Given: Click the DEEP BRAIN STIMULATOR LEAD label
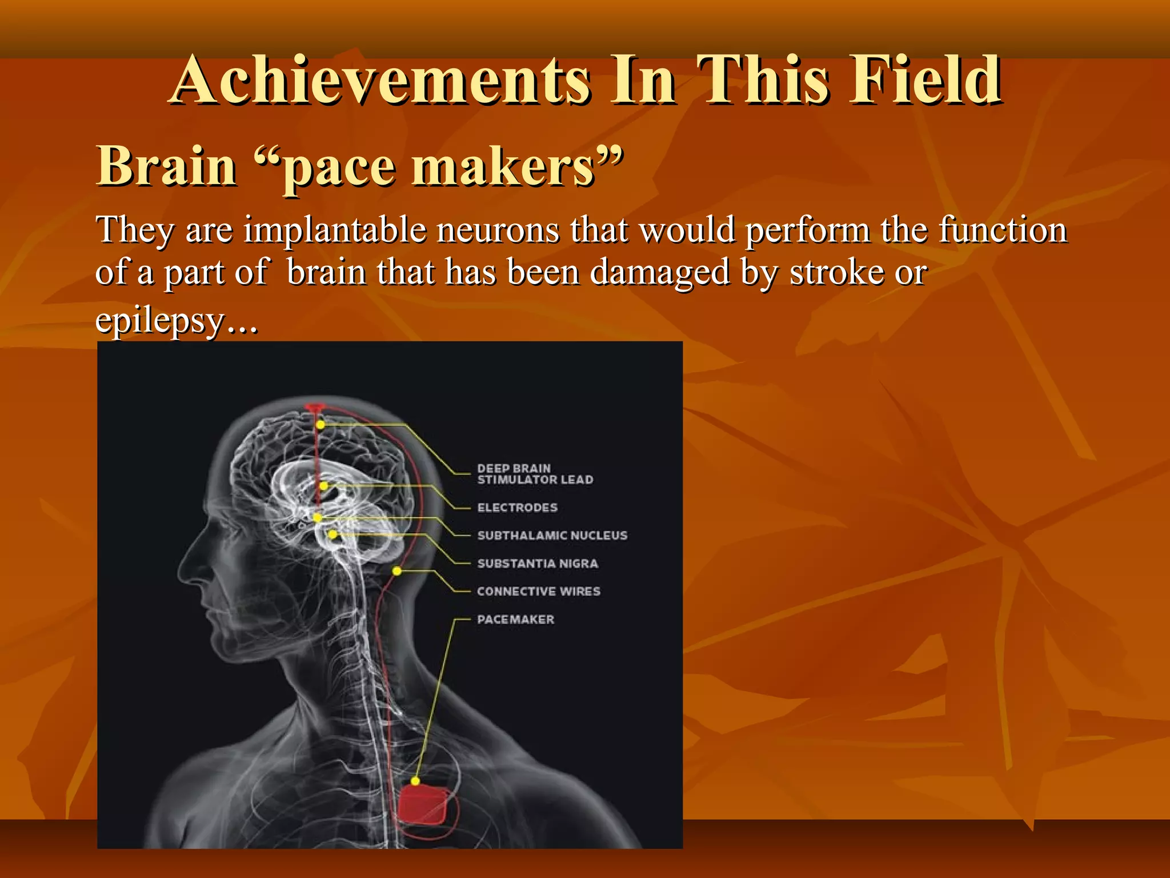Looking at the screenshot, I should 535,474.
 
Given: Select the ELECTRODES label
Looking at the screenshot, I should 517,508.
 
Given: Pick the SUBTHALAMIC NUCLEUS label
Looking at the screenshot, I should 552,536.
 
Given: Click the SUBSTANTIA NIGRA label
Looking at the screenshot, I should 538,564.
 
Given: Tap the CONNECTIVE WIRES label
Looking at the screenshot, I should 538,592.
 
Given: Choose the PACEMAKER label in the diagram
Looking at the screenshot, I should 515,620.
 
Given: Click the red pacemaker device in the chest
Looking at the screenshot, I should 423,805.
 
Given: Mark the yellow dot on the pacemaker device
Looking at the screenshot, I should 415,781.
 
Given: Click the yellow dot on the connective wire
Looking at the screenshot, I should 397,571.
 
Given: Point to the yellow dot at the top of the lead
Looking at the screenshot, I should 320,425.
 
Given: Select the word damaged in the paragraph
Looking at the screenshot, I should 660,272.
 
